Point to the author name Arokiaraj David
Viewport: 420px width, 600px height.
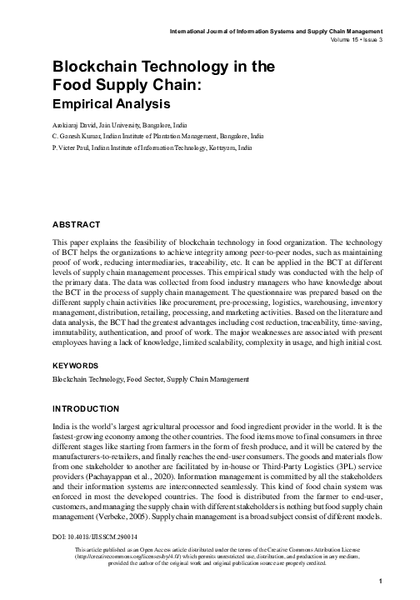pos(76,123)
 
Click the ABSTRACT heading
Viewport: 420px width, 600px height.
pos(77,225)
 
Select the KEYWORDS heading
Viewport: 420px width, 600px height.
pos(77,365)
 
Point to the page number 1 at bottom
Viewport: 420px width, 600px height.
pos(379,581)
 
